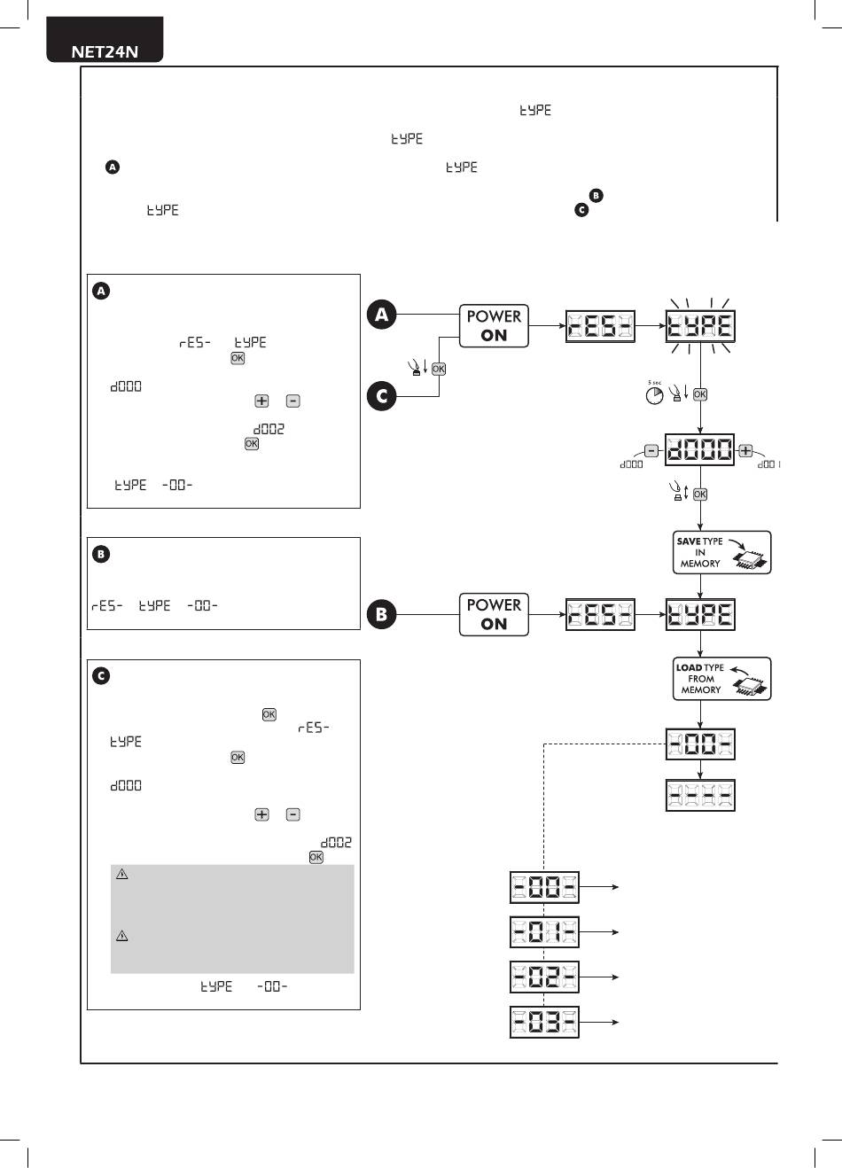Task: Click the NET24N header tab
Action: [105, 40]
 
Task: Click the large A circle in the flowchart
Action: [382, 315]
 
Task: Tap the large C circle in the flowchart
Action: [382, 396]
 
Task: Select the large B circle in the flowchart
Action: [382, 614]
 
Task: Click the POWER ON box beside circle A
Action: [494, 326]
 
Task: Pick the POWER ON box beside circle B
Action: [494, 614]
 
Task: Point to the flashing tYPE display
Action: [700, 326]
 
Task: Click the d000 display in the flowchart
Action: [699, 449]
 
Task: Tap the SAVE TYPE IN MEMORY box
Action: [721, 553]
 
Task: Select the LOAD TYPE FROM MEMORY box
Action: [721, 678]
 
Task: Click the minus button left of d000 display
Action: [651, 450]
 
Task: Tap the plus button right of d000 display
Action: [745, 450]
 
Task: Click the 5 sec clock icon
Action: [654, 395]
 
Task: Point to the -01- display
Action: [544, 931]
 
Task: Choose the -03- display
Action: [544, 1022]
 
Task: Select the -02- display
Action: [544, 977]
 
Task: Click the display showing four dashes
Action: [700, 795]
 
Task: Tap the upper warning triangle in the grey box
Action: [122, 874]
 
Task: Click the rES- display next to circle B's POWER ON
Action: [600, 614]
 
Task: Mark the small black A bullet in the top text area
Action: [113, 167]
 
